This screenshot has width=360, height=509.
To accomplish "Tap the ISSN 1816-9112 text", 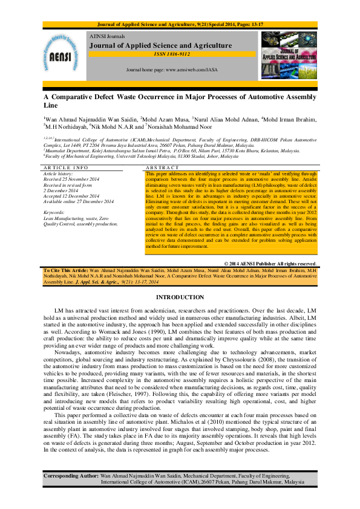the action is point(172,55).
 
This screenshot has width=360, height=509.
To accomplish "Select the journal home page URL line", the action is point(172,70).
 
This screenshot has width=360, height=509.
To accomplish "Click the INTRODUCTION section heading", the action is point(180,297).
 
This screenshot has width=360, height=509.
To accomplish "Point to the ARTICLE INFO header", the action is point(66,167).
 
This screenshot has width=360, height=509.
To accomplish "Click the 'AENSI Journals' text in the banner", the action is point(105,36).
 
